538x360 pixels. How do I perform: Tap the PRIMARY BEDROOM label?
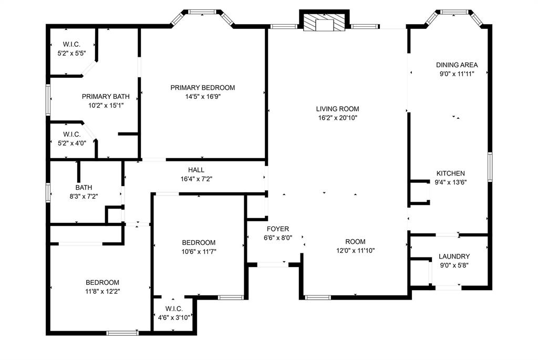[202, 88]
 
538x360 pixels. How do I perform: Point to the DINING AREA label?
[457, 65]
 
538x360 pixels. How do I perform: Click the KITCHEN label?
[450, 173]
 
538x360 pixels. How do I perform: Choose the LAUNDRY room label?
[454, 256]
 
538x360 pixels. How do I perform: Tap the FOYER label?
[277, 229]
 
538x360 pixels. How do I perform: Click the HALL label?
[196, 170]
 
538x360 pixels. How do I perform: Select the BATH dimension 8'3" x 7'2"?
[83, 196]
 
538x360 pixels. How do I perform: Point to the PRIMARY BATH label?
[106, 97]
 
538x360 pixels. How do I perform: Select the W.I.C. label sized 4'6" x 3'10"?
[173, 308]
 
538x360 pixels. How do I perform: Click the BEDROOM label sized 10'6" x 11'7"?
[199, 242]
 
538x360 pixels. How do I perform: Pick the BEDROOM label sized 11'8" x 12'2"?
[102, 282]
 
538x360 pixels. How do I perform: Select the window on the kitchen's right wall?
[490, 167]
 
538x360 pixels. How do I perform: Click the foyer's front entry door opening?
[272, 264]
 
